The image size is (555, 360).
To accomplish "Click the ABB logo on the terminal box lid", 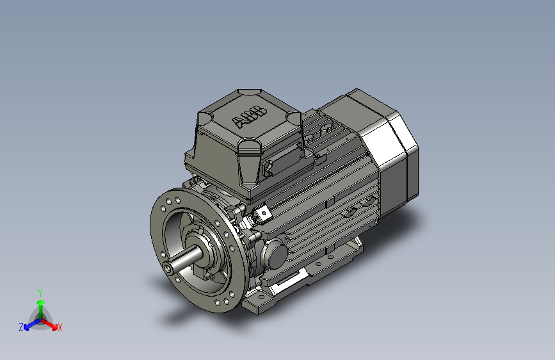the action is click(x=249, y=117).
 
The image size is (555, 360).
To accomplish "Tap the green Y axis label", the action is click(x=40, y=293).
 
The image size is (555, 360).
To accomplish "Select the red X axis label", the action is click(x=60, y=328).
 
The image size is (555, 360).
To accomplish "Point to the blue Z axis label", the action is click(x=21, y=327).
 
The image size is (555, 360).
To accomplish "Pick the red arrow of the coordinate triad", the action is click(x=49, y=324).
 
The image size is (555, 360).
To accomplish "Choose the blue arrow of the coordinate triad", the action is click(x=32, y=325).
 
